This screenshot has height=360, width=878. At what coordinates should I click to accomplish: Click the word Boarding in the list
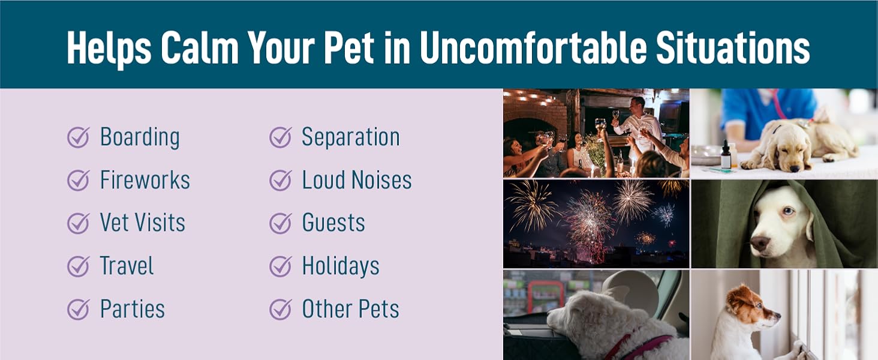(x=140, y=137)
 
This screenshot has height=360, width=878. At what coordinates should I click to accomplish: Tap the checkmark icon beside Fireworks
(x=79, y=180)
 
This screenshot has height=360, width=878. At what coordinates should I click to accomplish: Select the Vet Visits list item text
(x=142, y=223)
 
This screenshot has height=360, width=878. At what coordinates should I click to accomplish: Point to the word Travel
(x=127, y=266)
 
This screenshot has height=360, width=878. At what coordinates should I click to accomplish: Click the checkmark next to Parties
(x=79, y=309)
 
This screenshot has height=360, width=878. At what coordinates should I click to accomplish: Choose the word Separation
(x=351, y=137)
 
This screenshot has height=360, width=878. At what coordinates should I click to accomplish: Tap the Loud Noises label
(x=357, y=180)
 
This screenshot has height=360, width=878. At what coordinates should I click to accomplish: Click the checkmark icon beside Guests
(x=280, y=223)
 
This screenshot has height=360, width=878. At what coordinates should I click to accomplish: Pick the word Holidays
(x=340, y=266)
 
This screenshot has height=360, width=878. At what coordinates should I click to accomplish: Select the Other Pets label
(x=350, y=309)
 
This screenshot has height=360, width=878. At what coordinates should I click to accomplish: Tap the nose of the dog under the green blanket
(x=760, y=243)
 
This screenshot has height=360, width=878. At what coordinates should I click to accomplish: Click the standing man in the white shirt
(x=638, y=125)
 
